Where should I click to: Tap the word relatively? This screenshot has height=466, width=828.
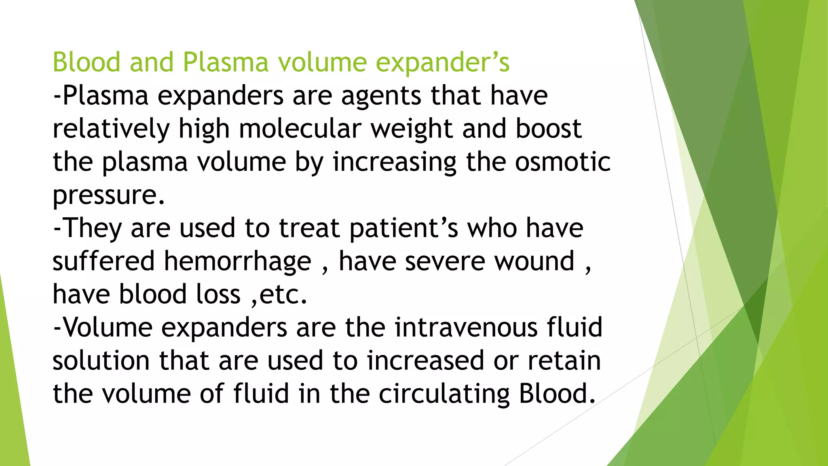[111, 129]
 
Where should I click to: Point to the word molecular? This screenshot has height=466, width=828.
[300, 129]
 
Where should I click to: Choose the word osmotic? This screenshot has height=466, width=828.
[562, 162]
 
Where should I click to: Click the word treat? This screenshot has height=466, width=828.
[309, 229]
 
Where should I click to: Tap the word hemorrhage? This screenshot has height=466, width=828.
[238, 261]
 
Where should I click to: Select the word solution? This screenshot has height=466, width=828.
[101, 361]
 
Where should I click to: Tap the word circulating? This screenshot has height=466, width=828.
[444, 394]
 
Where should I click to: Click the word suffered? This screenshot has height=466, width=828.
[103, 261]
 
